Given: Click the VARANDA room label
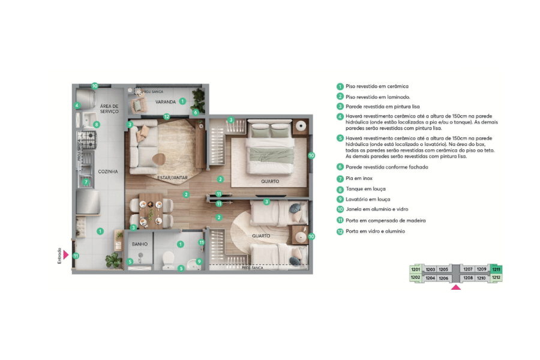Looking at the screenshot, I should coord(165,102).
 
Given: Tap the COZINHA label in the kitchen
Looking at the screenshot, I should coord(109,172).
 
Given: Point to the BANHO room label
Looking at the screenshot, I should coord(139,245).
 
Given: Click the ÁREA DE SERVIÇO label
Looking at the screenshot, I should coord(109,109).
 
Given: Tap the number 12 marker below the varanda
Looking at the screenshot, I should coord(167,117).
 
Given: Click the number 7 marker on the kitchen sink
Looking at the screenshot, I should coord(86,182).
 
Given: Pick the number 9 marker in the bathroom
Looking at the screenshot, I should coord(199,261).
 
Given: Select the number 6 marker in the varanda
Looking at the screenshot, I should coord(195,112).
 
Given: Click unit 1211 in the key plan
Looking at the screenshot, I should coord(496,269).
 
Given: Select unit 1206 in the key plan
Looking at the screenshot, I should coord(443,278).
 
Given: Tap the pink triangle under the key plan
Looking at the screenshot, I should coord(455,288).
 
